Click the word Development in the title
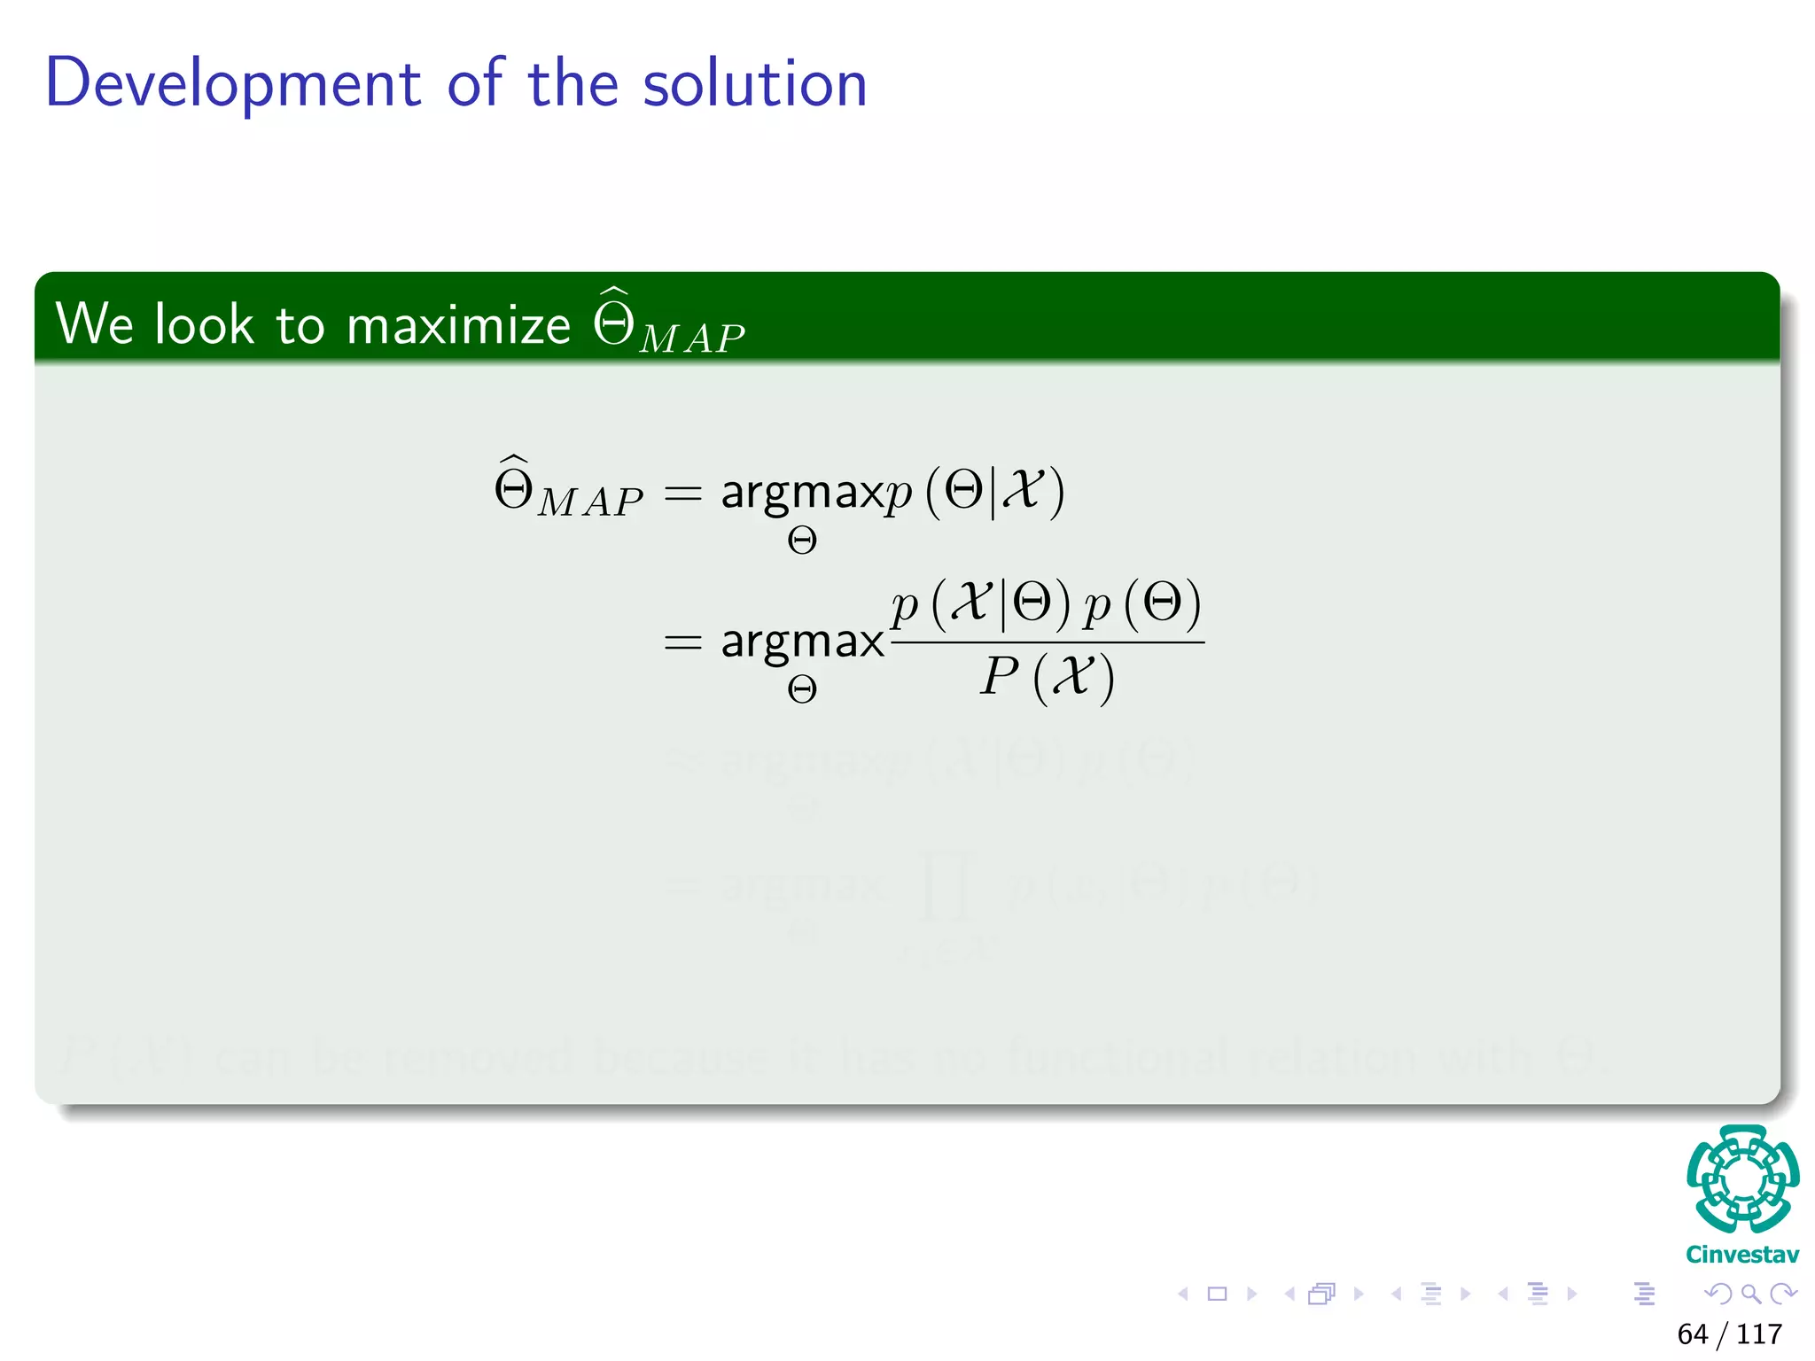(x=232, y=84)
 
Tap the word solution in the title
(x=754, y=84)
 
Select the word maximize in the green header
(x=458, y=325)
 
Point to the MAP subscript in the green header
(x=692, y=339)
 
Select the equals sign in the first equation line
(x=682, y=493)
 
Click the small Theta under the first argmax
(x=801, y=541)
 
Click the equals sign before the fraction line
(x=682, y=642)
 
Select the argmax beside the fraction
(x=802, y=642)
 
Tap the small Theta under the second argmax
(x=801, y=689)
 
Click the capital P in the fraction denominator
(x=1000, y=677)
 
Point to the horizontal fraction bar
(x=1047, y=642)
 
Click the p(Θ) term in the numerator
(x=1143, y=604)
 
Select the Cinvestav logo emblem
(x=1742, y=1179)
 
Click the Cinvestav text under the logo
(x=1742, y=1255)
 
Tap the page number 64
(x=1692, y=1334)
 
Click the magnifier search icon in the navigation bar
(x=1750, y=1294)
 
